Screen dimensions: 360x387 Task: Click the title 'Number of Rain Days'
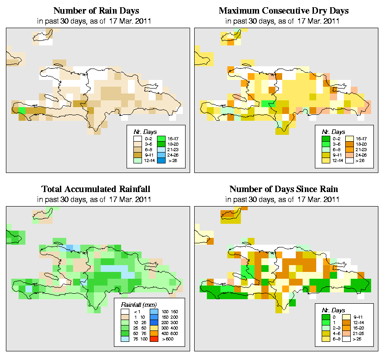coord(96,10)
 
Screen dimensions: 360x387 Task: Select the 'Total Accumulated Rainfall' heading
coord(96,189)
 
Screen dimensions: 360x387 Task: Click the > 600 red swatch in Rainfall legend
coord(153,339)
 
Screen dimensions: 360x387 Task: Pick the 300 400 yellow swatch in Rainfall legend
coord(153,326)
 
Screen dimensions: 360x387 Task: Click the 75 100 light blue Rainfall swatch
coord(125,339)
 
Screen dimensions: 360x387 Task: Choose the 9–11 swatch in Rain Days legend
coord(136,154)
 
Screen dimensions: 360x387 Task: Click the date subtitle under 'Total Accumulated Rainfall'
coord(96,199)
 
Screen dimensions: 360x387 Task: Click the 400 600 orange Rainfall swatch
coord(153,332)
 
